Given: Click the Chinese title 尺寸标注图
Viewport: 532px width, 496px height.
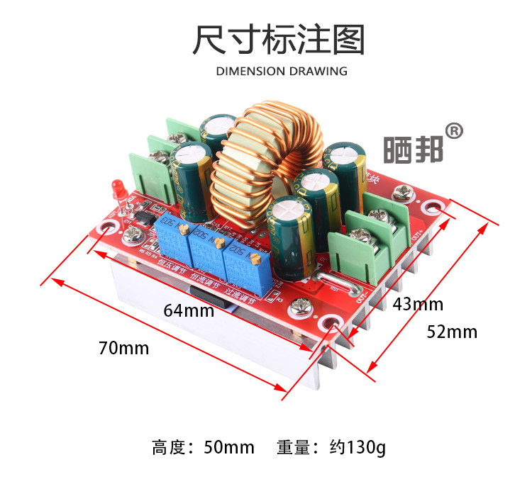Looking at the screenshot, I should point(279,40).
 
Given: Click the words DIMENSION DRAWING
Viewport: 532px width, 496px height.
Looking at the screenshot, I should point(282,71).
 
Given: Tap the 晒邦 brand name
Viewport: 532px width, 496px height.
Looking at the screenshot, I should point(414,150).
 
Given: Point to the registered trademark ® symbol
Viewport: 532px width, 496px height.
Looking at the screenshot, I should point(454,131).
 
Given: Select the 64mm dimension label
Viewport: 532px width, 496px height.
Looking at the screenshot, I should point(189,310).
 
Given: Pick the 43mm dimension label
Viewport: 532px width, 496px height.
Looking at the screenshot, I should point(418,305).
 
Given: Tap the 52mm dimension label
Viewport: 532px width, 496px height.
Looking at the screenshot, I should point(452,332).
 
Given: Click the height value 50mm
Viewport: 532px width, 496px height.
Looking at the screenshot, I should point(228,448).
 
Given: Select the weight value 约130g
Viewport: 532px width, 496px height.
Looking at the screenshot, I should point(358,448).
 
